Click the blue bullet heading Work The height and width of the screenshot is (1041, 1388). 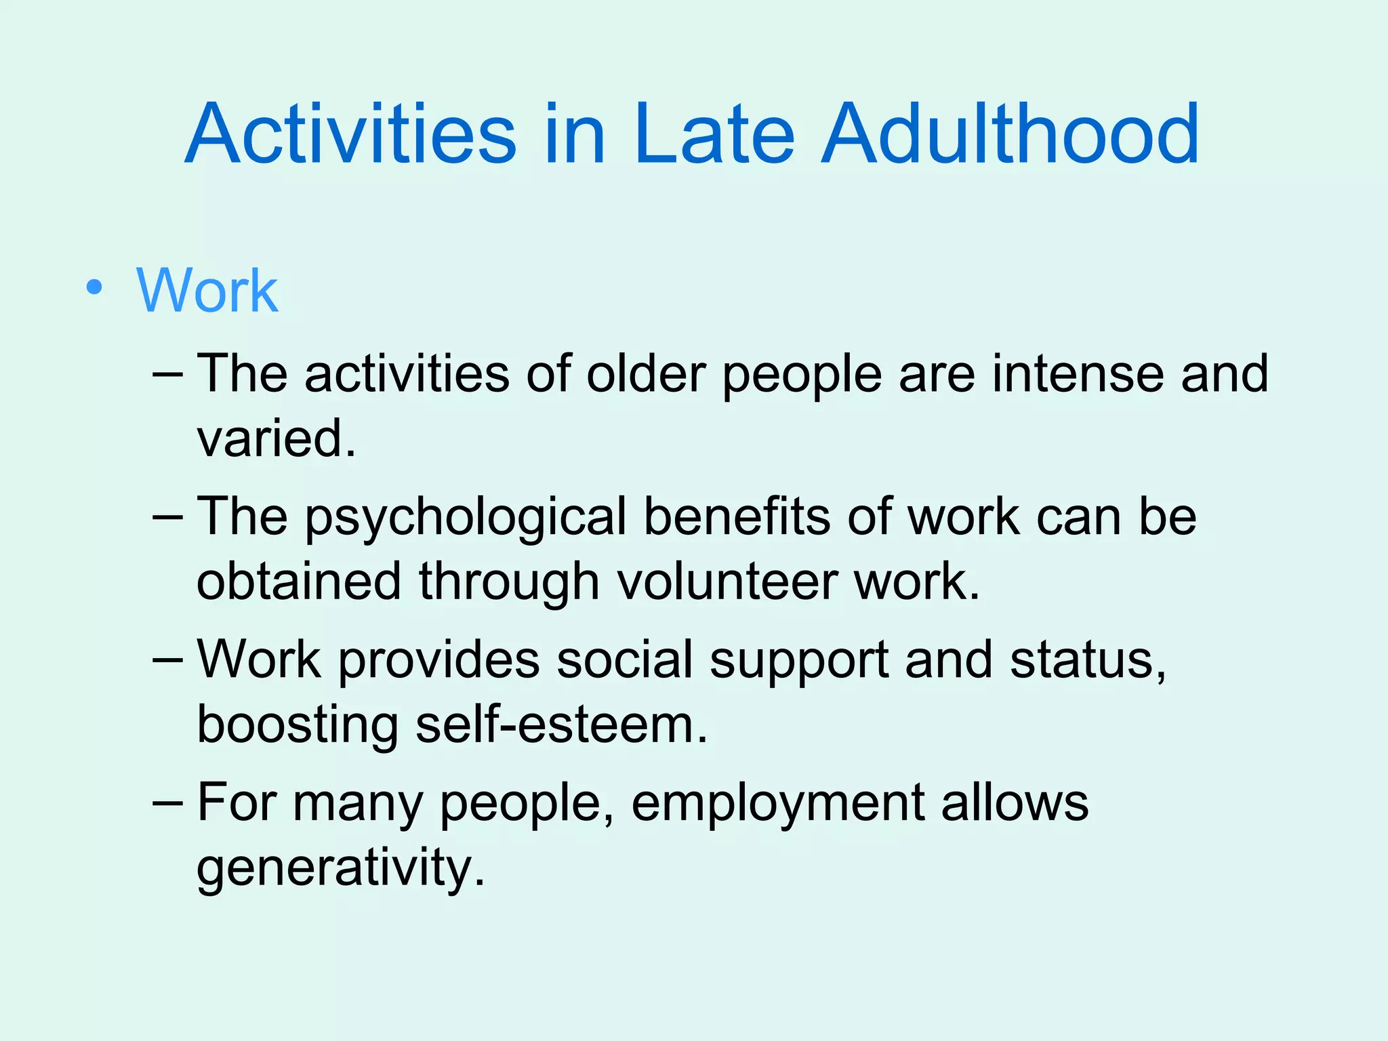(207, 291)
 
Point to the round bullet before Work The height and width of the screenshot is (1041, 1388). (95, 289)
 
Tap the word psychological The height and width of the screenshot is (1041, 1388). (465, 518)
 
